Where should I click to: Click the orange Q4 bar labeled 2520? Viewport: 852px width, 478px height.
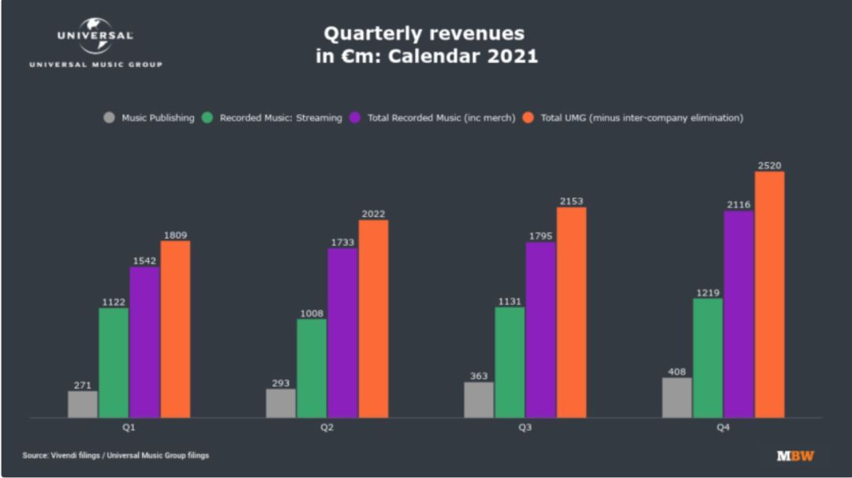click(x=769, y=294)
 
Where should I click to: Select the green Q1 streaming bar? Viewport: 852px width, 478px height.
click(x=114, y=363)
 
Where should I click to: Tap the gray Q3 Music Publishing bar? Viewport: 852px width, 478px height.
click(x=479, y=400)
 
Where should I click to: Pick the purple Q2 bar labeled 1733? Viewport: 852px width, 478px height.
click(x=342, y=333)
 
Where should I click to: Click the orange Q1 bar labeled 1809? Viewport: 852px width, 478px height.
click(x=175, y=329)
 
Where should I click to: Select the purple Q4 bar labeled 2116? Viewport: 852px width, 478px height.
click(x=739, y=314)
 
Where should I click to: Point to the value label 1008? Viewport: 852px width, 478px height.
click(x=312, y=314)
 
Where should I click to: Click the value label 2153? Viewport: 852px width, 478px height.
click(x=571, y=201)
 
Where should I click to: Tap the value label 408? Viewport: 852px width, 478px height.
click(x=677, y=372)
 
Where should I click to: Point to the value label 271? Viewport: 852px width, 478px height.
click(x=83, y=386)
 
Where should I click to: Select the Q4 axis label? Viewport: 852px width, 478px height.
click(x=723, y=427)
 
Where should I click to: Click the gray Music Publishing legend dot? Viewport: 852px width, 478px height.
click(x=109, y=118)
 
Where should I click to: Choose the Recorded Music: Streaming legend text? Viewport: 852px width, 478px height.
click(x=281, y=118)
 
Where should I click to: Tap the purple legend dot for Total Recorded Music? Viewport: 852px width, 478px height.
click(x=355, y=118)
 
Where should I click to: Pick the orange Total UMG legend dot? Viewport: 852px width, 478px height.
click(x=528, y=118)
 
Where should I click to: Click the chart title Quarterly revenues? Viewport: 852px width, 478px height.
click(x=424, y=34)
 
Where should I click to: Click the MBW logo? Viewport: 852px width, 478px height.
click(x=795, y=455)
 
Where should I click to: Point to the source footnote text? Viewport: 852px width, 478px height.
click(x=115, y=455)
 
